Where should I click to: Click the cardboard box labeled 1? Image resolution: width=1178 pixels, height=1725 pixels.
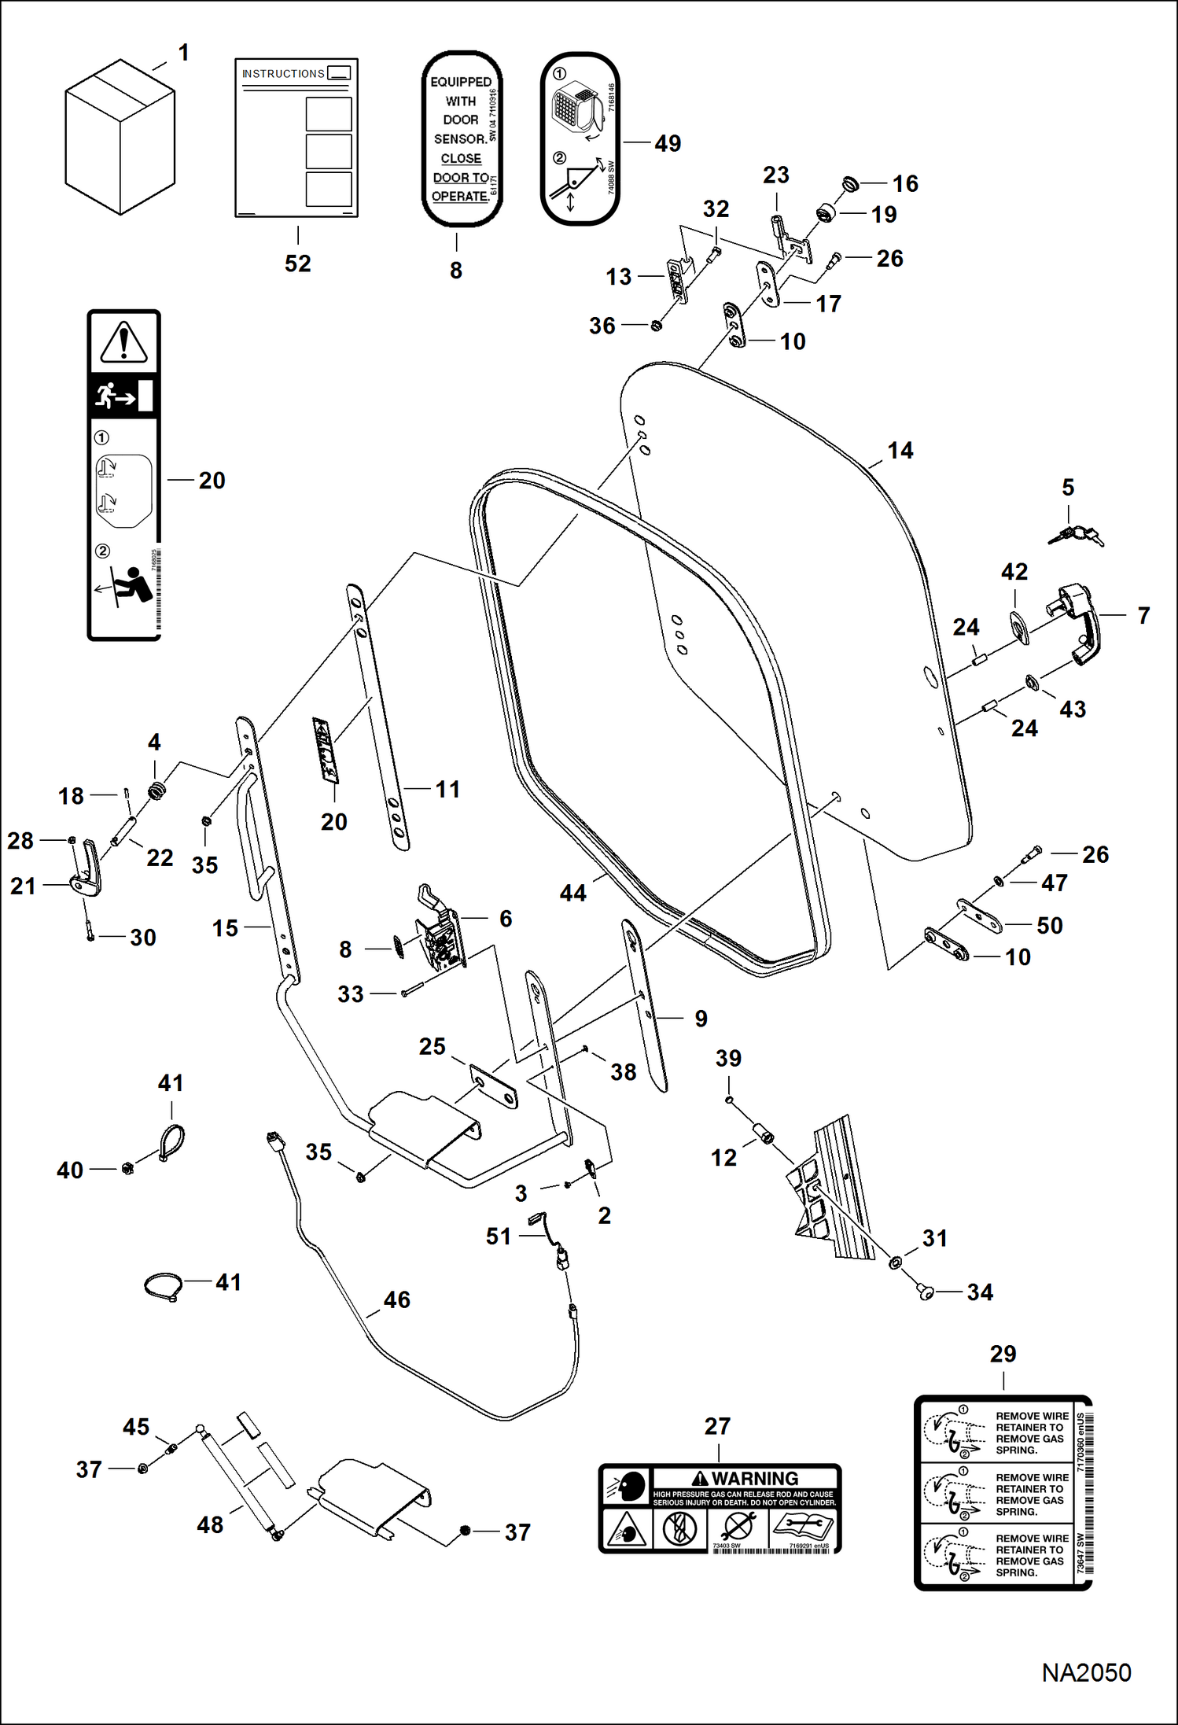(120, 138)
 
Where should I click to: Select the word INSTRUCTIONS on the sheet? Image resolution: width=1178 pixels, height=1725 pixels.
(283, 74)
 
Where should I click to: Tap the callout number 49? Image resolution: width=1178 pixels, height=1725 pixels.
(668, 144)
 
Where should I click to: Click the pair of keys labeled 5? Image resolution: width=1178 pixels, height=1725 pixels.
(1075, 536)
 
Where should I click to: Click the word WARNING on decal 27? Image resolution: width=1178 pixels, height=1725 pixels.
(754, 1478)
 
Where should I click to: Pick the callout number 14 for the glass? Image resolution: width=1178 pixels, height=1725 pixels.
(900, 451)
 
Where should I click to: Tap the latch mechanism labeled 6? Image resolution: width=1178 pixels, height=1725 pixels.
(441, 933)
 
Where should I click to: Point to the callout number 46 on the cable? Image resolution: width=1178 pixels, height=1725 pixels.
(396, 1299)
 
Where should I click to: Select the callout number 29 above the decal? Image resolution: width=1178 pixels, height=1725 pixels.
(1003, 1354)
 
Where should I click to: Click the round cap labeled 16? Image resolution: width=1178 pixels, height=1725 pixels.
(850, 185)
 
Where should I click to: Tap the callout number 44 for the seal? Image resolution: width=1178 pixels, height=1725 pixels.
(572, 893)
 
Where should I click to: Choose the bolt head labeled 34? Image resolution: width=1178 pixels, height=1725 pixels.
(926, 1292)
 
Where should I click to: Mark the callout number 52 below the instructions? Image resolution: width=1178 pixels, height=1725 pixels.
(297, 264)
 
